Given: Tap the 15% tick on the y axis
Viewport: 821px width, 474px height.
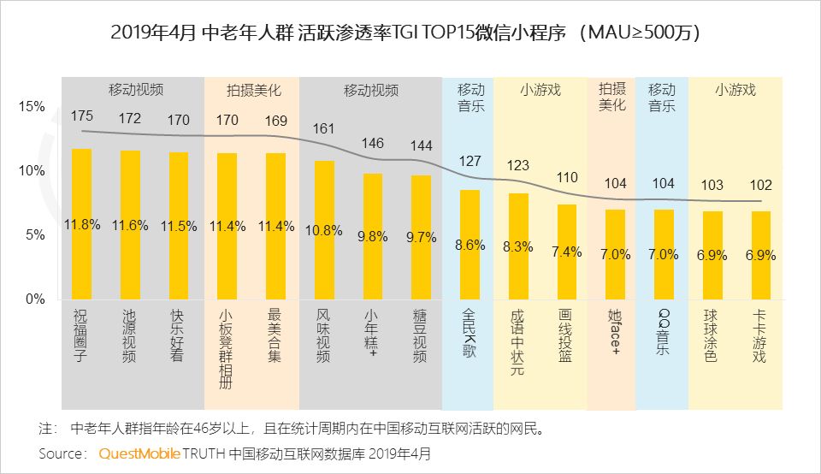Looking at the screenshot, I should pos(32,107).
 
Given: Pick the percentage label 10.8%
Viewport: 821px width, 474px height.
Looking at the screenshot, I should pos(324,230).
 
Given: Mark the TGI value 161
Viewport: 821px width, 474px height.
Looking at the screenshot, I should pos(324,129).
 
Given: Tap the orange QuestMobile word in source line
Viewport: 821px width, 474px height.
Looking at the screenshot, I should pos(139,453).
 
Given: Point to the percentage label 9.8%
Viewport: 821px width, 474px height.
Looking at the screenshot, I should pos(372,237).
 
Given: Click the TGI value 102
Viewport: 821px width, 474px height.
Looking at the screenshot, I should pos(760,185).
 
